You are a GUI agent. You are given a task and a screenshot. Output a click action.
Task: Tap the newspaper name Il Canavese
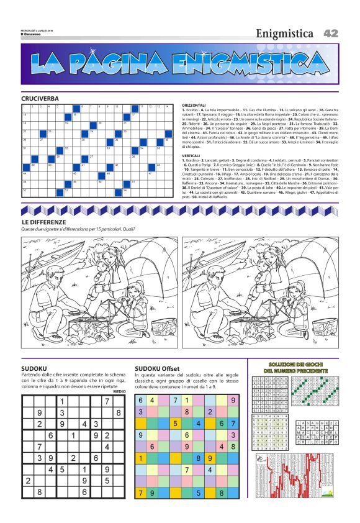[x=30, y=34]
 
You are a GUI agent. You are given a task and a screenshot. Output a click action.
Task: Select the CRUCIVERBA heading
[x=40, y=99]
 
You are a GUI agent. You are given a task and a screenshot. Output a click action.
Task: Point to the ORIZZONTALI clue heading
[x=194, y=105]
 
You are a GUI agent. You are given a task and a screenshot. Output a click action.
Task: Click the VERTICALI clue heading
[x=191, y=156]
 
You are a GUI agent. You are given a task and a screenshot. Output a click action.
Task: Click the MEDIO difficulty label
[x=120, y=391]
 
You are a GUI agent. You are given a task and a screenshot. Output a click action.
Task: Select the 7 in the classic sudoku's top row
[x=107, y=401]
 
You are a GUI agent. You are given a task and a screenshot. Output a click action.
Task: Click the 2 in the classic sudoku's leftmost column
[x=28, y=481]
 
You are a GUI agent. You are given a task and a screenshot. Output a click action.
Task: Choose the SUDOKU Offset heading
[x=157, y=368]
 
